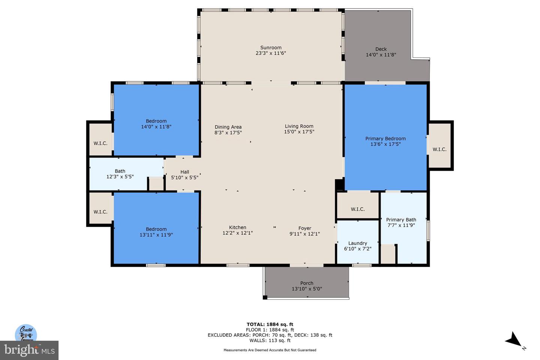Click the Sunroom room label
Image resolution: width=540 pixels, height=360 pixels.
click(x=271, y=48)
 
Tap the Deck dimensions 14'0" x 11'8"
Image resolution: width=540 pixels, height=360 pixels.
click(x=381, y=55)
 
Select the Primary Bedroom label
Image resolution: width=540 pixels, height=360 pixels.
click(x=385, y=139)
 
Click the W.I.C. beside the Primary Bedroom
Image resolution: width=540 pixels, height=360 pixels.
click(x=439, y=149)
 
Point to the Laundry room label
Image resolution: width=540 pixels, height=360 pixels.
click(x=357, y=243)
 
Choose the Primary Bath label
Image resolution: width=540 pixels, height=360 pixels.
click(x=401, y=220)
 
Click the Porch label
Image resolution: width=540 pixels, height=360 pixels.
click(x=307, y=283)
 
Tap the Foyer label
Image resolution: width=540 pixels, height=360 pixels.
click(x=304, y=228)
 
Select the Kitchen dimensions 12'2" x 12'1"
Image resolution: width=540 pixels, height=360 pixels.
click(x=237, y=233)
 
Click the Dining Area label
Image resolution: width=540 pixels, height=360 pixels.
click(x=228, y=127)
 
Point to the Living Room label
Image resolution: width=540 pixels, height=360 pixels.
click(x=299, y=126)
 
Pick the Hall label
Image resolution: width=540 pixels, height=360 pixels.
click(x=184, y=172)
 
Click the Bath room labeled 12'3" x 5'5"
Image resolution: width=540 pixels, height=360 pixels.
click(x=120, y=174)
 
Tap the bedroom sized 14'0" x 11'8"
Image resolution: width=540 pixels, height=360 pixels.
click(x=156, y=124)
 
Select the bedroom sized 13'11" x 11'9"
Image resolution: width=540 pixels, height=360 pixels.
click(x=156, y=232)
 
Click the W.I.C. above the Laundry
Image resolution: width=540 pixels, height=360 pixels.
click(x=358, y=209)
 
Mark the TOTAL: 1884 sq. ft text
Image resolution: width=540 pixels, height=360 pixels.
click(x=270, y=324)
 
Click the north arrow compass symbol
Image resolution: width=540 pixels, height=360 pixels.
click(x=514, y=339)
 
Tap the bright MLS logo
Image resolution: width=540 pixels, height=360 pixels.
click(x=29, y=350)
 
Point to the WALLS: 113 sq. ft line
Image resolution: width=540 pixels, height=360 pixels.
click(x=270, y=340)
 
